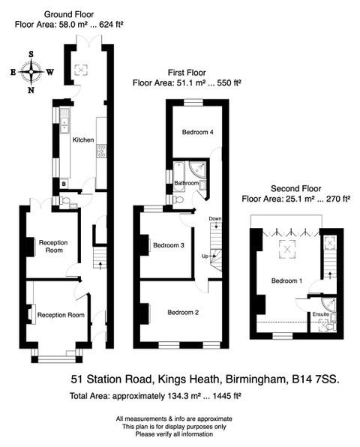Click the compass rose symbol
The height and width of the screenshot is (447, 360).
(x=31, y=72)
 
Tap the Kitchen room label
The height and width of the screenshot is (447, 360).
(x=82, y=139)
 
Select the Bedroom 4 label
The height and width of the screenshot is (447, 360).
(x=198, y=132)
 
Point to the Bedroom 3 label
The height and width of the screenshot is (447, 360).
(x=169, y=244)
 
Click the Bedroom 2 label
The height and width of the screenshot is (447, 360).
(x=182, y=312)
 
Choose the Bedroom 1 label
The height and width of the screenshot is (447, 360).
(x=286, y=281)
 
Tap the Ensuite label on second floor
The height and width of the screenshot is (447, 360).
(x=321, y=313)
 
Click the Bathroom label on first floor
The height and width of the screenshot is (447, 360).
(x=187, y=183)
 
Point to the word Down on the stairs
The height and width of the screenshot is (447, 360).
(x=215, y=219)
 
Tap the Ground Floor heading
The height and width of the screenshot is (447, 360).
(x=69, y=14)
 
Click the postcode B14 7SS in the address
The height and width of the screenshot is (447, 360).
(x=314, y=379)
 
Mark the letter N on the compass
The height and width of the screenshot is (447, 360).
(x=31, y=90)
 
